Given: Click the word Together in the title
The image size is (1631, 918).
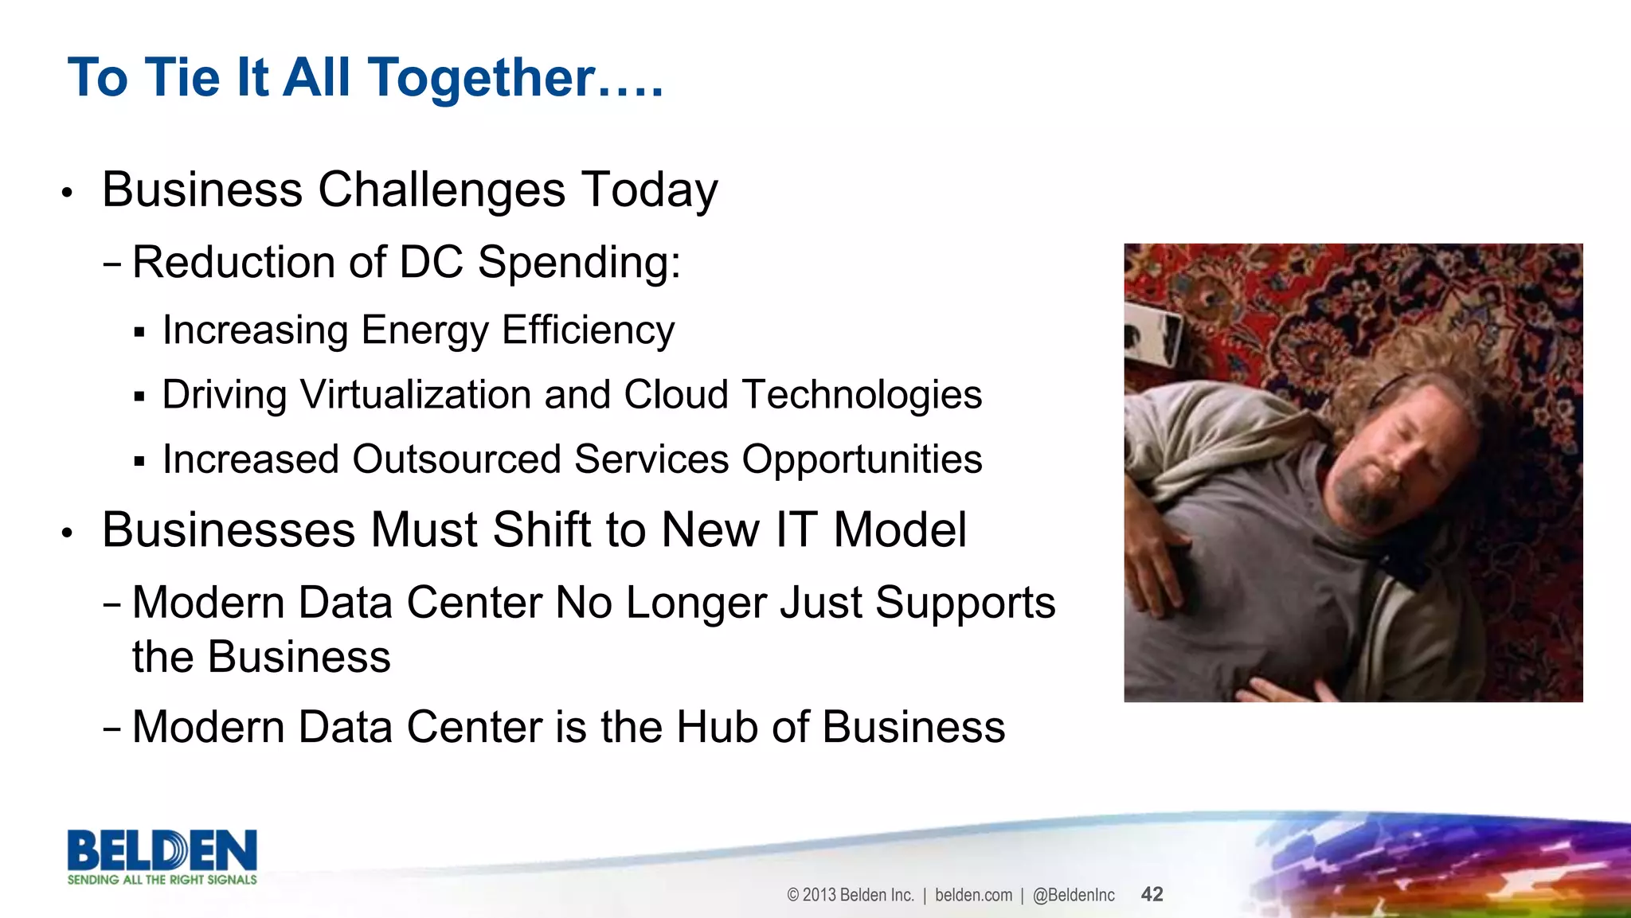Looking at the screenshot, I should pyautogui.click(x=482, y=78).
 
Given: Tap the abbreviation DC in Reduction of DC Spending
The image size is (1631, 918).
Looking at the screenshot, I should pyautogui.click(x=431, y=262).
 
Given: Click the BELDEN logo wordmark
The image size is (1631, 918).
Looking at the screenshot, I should pyautogui.click(x=162, y=850).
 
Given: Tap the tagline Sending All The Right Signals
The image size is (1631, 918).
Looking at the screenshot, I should pyautogui.click(x=162, y=880).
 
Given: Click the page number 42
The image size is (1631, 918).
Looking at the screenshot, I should pyautogui.click(x=1152, y=894).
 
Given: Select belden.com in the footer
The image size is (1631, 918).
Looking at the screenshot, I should pyautogui.click(x=973, y=895).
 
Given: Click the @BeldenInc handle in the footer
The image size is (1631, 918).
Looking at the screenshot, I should pyautogui.click(x=1074, y=895).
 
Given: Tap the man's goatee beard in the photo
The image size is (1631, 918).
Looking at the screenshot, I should pyautogui.click(x=1363, y=498).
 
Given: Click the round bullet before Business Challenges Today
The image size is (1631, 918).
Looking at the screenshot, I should pyautogui.click(x=68, y=193).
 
